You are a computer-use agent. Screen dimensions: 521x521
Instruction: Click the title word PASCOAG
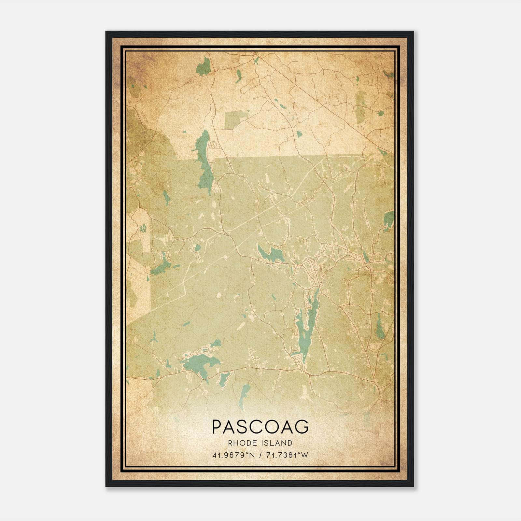click(260, 427)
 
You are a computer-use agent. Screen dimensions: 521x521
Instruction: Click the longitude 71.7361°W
click(287, 455)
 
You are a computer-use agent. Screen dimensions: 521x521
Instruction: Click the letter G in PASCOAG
click(302, 427)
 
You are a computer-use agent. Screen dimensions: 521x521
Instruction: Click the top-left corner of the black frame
click(106, 32)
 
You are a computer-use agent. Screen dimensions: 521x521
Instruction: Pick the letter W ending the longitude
click(305, 455)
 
